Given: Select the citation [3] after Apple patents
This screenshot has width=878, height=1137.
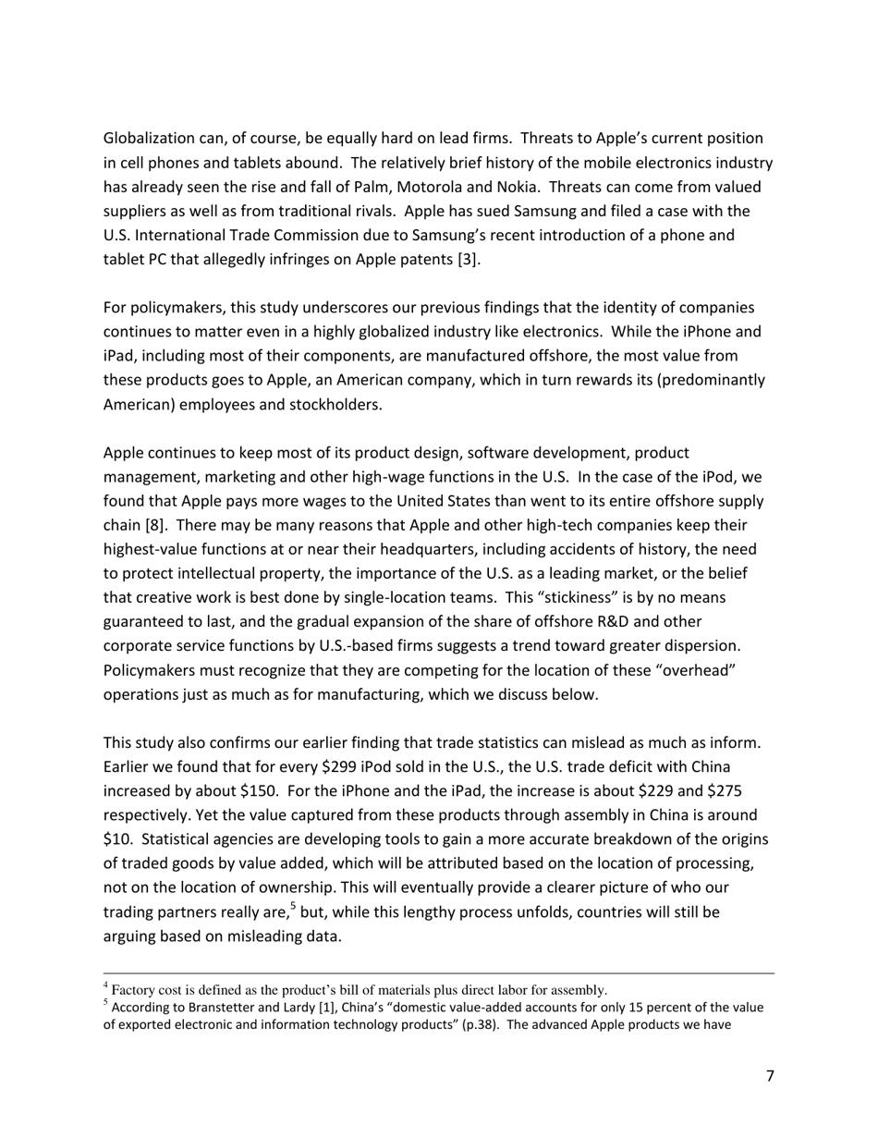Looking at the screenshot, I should pos(469,259).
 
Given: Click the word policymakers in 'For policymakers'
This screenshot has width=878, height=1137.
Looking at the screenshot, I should pos(175,308).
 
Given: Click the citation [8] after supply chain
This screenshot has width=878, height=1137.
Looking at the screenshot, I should pos(154,526).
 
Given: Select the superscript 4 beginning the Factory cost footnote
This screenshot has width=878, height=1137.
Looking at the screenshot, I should pos(106,985).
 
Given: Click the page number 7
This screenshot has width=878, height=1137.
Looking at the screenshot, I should pos(770,1076).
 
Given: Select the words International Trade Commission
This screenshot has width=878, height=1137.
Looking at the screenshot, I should pos(233,235).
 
